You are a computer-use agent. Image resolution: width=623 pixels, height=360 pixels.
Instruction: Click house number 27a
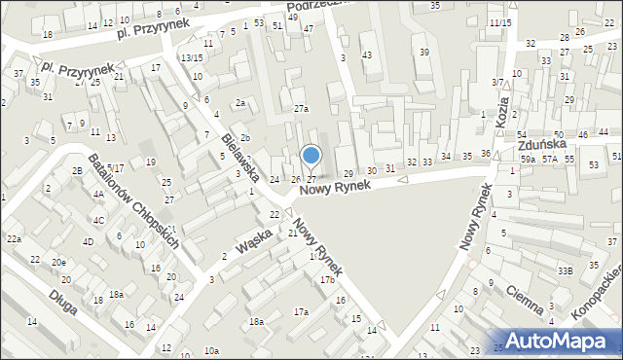click(302, 109)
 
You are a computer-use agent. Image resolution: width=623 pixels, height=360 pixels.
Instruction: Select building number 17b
click(327, 280)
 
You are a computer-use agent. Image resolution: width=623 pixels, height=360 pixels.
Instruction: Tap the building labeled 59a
click(529, 159)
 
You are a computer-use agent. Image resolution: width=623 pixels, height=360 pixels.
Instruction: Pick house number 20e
click(59, 263)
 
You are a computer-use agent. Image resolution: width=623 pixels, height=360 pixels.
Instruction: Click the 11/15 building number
click(500, 22)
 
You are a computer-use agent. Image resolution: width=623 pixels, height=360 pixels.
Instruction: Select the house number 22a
click(14, 238)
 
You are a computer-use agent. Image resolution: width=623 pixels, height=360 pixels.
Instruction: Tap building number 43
click(366, 54)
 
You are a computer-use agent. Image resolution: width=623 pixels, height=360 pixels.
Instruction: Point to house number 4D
click(88, 241)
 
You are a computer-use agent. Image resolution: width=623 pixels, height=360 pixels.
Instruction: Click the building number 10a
click(211, 350)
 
